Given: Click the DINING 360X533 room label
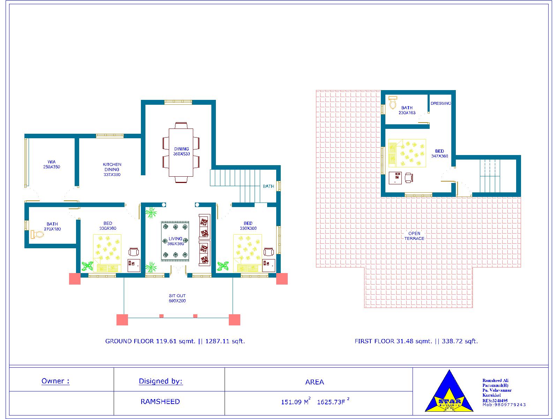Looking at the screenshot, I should tap(181, 151).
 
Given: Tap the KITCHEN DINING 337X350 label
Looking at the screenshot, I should tap(112, 169).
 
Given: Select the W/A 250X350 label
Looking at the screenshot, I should tap(52, 164).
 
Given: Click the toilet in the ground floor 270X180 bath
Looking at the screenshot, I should tap(37, 234).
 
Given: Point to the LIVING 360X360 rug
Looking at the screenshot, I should tap(175, 241).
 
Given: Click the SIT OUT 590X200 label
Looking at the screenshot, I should tap(177, 298).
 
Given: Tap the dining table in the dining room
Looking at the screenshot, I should tap(181, 153).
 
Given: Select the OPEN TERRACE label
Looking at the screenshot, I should tap(414, 236).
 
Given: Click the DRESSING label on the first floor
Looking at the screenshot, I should tap(440, 103).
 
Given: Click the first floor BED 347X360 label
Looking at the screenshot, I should tap(439, 154).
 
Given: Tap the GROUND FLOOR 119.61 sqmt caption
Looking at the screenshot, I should tap(175, 341).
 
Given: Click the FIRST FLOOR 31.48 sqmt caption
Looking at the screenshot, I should tap(416, 341).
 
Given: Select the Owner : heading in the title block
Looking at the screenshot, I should tap(55, 381).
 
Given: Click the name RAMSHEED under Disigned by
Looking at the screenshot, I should tap(160, 402).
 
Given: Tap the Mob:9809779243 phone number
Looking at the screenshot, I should tap(504, 405).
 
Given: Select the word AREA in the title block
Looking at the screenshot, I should tap(315, 382).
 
